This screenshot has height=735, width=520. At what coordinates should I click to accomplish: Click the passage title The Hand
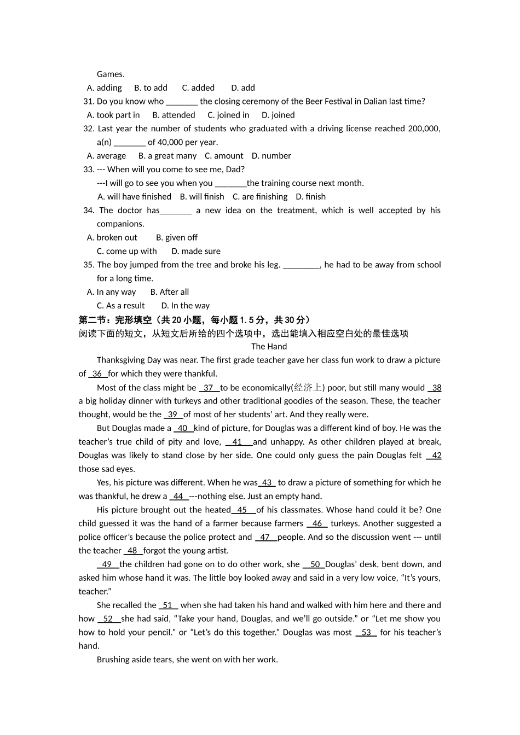(x=269, y=346)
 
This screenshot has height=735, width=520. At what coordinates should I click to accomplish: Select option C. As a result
(x=120, y=306)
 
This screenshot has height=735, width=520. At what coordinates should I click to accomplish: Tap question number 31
(x=89, y=101)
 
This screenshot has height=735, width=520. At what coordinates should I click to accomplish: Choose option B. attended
(x=174, y=115)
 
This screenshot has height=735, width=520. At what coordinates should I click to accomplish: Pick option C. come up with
(x=126, y=251)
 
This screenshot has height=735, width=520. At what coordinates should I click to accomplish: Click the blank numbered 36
(x=97, y=374)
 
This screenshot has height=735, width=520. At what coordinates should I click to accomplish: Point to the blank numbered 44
(x=178, y=496)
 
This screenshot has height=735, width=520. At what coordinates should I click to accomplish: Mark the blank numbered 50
(x=314, y=564)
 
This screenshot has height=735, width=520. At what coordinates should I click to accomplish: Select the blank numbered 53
(x=366, y=632)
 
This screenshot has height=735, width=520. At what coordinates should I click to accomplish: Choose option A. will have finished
(x=135, y=196)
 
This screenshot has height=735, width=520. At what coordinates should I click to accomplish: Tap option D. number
(x=271, y=156)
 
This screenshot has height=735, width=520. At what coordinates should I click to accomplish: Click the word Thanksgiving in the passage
(x=121, y=360)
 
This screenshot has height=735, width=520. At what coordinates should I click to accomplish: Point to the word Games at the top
(x=111, y=74)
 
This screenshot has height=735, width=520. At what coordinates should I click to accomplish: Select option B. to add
(x=151, y=87)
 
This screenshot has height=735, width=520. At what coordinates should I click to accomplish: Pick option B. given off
(x=176, y=237)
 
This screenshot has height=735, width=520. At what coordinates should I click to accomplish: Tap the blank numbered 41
(x=238, y=442)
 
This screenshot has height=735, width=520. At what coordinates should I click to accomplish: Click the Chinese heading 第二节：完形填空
(x=115, y=320)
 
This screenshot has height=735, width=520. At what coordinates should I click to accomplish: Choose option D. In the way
(x=185, y=306)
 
